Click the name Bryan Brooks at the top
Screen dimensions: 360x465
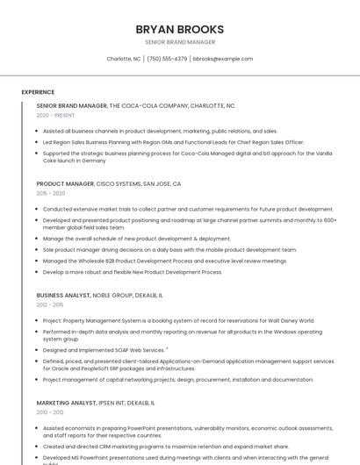pos(179,29)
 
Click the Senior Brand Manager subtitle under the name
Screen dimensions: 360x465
pos(179,42)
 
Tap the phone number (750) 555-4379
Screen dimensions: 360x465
pos(167,59)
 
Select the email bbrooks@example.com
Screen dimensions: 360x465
pos(223,59)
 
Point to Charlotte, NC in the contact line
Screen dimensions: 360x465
pos(124,59)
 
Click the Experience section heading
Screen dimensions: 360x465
pos(38,91)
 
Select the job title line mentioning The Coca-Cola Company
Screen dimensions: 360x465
pos(135,105)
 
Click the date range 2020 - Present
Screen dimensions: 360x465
pos(55,115)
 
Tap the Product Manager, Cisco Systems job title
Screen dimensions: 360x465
pos(109,184)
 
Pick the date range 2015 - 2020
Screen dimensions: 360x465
pos(51,193)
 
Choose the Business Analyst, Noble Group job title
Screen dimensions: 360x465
pos(99,296)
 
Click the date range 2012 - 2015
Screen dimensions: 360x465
pos(50,304)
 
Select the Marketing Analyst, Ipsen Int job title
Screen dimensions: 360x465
pos(95,402)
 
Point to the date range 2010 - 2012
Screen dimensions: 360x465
pos(50,411)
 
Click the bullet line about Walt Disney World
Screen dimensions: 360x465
pos(178,320)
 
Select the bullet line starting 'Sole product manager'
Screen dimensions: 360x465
pos(169,249)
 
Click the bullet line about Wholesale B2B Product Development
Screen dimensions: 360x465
pos(165,261)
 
